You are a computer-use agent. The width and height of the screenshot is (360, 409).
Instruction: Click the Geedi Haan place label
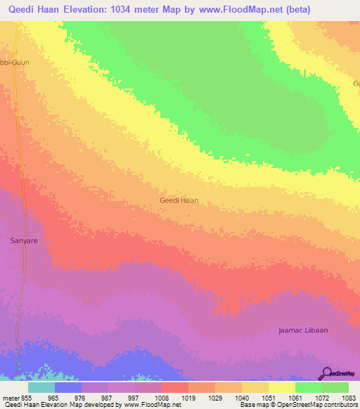(x=179, y=200)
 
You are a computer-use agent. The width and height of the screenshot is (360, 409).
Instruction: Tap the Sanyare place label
(x=23, y=240)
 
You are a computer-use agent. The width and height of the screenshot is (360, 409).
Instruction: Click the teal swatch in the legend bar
(x=41, y=387)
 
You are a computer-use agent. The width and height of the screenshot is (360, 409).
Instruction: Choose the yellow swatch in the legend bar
(x=282, y=387)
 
